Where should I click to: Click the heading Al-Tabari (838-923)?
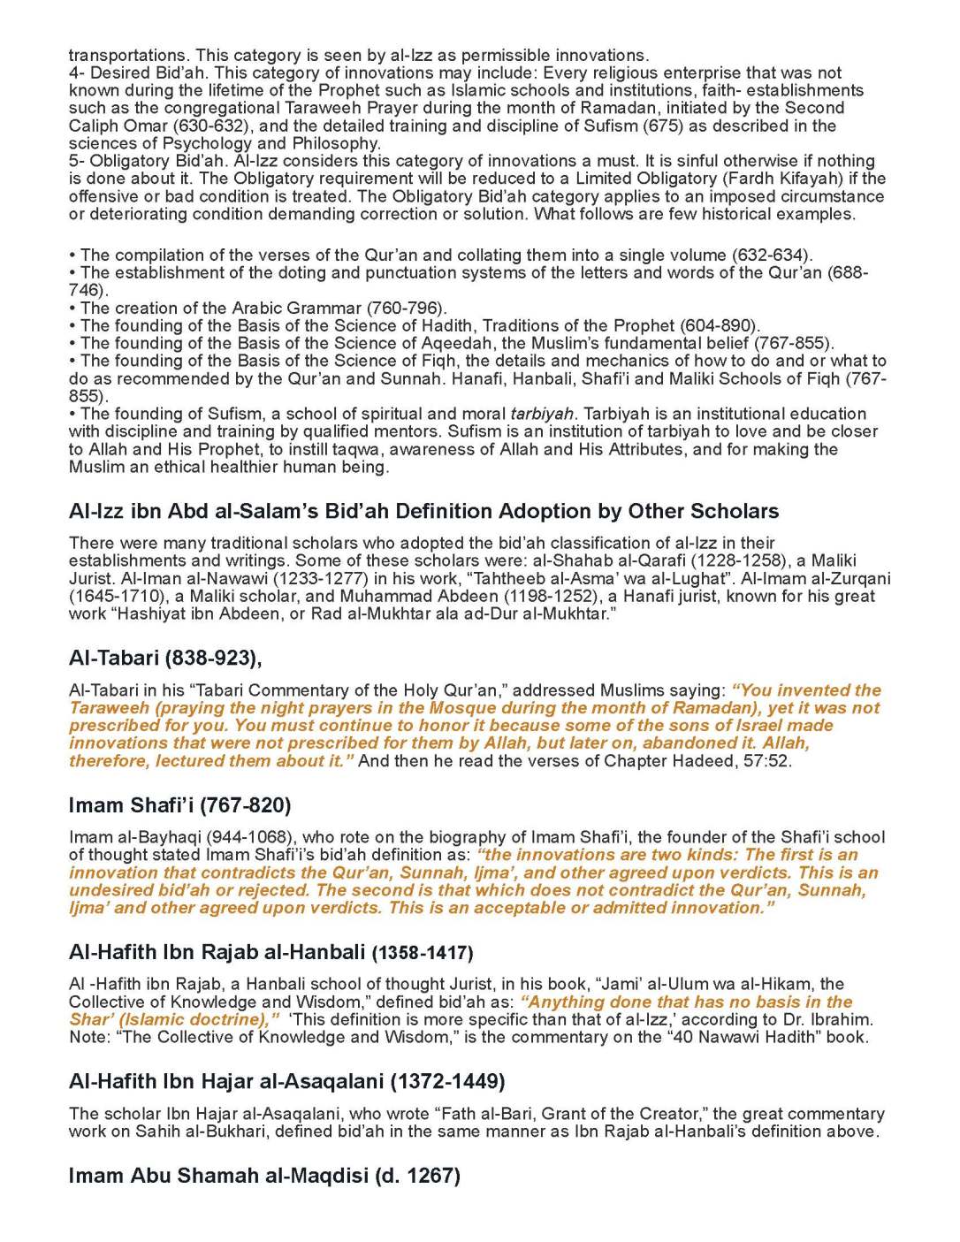click(165, 658)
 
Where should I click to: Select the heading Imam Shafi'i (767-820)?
click(179, 805)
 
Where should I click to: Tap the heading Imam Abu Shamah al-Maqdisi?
click(264, 1176)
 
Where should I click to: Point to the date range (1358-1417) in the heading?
click(423, 953)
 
